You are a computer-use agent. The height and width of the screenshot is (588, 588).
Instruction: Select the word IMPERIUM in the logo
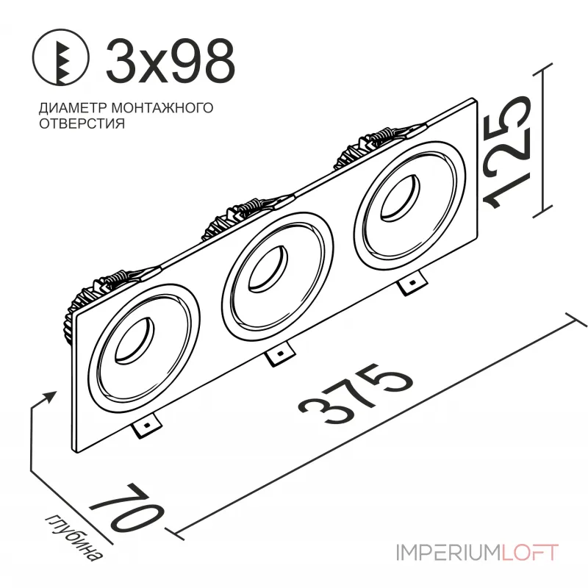coord(448,551)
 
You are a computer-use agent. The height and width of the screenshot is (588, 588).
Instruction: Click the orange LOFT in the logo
coord(529,551)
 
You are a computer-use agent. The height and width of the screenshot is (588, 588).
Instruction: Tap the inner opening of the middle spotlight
coord(266,268)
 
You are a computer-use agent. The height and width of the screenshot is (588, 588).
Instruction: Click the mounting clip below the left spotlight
coord(148,424)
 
